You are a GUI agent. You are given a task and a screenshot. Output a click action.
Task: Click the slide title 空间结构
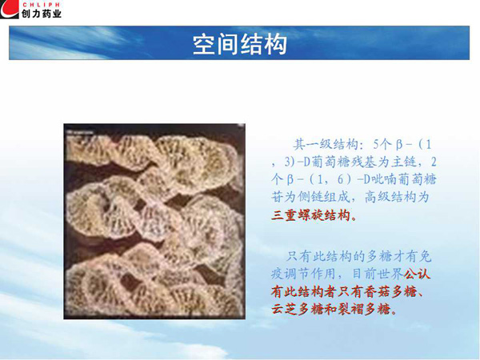tap(240, 44)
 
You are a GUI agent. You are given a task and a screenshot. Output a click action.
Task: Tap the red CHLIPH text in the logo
tap(42, 5)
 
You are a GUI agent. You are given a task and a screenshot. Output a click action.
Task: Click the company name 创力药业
tap(42, 14)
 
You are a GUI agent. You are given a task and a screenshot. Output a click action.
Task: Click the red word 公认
tap(417, 274)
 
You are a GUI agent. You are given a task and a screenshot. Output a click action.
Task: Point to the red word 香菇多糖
tap(390, 291)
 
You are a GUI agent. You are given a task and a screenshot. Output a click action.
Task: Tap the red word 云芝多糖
tap(297, 309)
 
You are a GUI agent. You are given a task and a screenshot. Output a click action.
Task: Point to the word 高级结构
tap(390, 197)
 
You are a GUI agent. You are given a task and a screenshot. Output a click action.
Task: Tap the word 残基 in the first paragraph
tap(364, 162)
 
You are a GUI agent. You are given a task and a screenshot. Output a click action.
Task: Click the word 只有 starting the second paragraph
tap(298, 256)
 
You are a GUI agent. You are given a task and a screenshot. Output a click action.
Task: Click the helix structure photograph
tap(154, 221)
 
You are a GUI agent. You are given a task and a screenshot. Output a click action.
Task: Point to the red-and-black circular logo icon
tap(10, 9)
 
